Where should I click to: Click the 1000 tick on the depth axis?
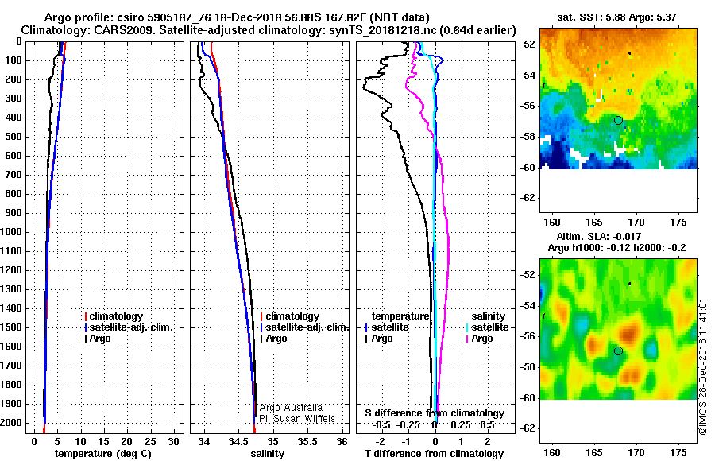[11, 232]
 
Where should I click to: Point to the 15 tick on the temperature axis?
[104, 442]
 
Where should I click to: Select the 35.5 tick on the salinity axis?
[307, 442]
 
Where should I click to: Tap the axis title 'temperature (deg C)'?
[102, 454]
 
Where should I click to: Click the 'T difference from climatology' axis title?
[434, 454]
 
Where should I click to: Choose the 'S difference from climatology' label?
[435, 413]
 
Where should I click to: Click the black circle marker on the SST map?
[618, 121]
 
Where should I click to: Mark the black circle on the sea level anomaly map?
[618, 351]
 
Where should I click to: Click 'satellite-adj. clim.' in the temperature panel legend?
[131, 327]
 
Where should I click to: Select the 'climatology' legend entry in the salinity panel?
[292, 316]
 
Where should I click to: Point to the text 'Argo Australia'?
[291, 408]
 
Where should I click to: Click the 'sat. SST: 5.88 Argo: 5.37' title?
[616, 17]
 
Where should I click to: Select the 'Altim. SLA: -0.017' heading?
[599, 236]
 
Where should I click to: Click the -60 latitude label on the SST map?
[528, 168]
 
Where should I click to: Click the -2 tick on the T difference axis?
[381, 442]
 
